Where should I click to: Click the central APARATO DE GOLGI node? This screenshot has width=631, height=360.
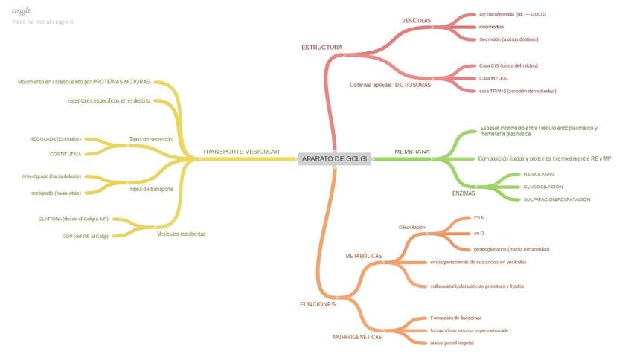tap(335, 158)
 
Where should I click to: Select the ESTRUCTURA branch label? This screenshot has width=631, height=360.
tap(321, 48)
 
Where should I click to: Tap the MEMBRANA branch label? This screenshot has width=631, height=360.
tap(411, 152)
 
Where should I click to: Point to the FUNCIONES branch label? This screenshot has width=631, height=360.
tap(318, 304)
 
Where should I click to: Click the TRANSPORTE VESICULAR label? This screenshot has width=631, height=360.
tap(240, 152)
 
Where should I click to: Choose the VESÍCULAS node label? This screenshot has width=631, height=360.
tap(416, 21)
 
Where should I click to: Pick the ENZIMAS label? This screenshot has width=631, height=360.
tap(464, 193)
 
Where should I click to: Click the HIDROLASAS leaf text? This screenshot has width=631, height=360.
tap(539, 174)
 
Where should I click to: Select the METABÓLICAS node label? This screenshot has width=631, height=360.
tap(363, 256)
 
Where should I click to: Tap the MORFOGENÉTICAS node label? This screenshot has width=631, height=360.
tap(357, 337)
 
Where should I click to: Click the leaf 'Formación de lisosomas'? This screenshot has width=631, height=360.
tap(455, 318)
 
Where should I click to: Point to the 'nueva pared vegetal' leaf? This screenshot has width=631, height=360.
tap(452, 343)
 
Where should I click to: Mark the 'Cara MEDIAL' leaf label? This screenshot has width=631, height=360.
tap(493, 78)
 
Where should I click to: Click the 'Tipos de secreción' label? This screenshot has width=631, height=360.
tap(150, 139)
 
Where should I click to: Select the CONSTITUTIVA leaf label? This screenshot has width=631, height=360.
tap(65, 154)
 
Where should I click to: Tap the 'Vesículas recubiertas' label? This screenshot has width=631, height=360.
tap(181, 234)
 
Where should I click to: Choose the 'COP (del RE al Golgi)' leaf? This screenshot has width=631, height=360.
tap(85, 236)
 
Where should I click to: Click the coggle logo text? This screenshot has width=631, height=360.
tap(21, 11)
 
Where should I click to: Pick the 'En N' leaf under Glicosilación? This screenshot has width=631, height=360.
tap(478, 218)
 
